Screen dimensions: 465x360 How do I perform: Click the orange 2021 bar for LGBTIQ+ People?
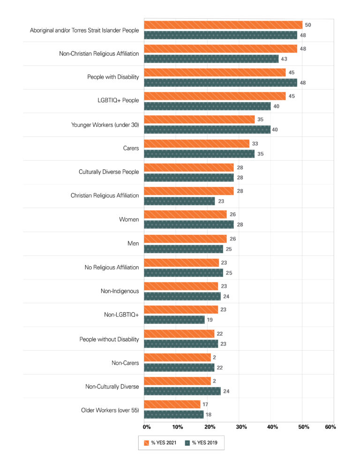tap(214, 96)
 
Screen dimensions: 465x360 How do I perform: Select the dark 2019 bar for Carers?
tap(199, 153)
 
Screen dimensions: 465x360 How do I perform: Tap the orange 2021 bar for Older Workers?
tap(172, 404)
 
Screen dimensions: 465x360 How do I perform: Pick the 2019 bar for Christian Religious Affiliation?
tap(179, 201)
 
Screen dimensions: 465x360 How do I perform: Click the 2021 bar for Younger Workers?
tap(199, 120)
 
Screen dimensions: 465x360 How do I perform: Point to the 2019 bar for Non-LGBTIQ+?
tap(174, 320)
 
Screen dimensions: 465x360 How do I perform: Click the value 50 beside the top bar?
tap(308, 24)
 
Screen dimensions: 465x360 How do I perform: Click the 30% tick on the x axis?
tap(241, 427)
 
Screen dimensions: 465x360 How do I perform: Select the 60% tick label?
tap(330, 427)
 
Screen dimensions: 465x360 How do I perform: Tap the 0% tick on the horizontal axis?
tap(147, 427)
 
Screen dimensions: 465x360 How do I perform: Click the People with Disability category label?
tap(113, 77)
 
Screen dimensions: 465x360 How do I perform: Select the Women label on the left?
tap(129, 219)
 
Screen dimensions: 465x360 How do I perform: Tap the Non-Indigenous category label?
tap(120, 291)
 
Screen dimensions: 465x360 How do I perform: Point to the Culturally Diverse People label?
tap(109, 172)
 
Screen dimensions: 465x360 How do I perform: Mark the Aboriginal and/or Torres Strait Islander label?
tap(84, 30)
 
